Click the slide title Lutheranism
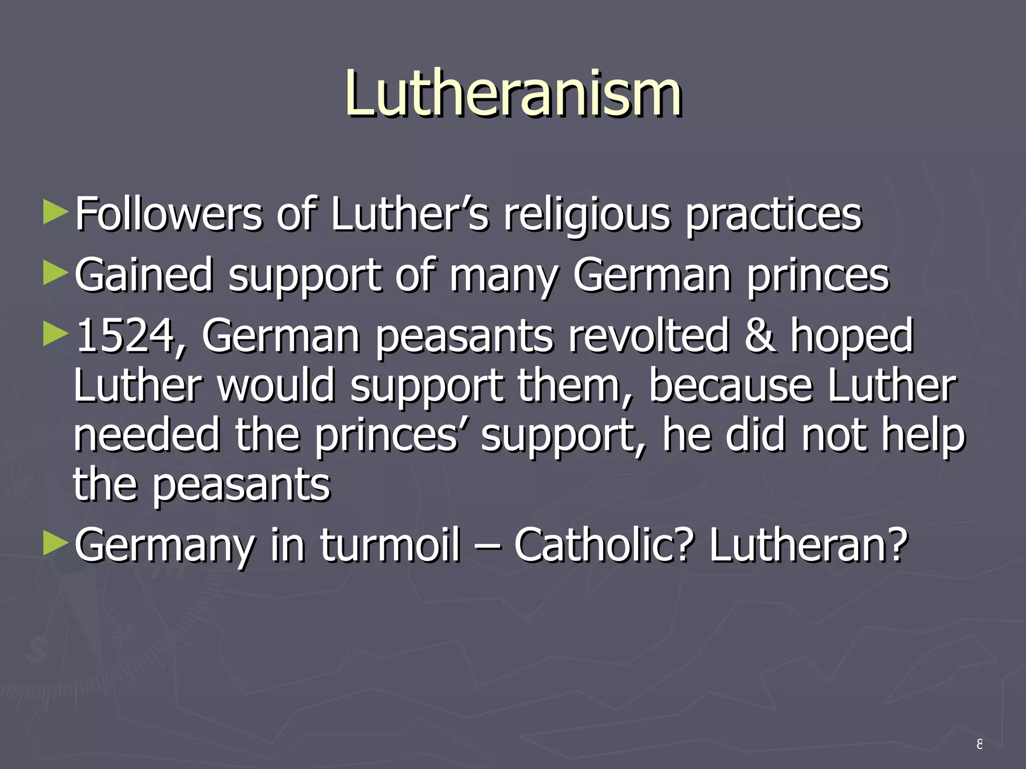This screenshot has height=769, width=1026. [x=513, y=94]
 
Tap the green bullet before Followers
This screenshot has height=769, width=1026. [x=55, y=212]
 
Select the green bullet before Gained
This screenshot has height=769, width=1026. [x=55, y=273]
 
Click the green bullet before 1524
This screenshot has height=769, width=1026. [x=55, y=334]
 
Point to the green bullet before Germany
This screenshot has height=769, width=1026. [x=55, y=544]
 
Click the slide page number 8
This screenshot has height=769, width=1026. [x=979, y=744]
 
